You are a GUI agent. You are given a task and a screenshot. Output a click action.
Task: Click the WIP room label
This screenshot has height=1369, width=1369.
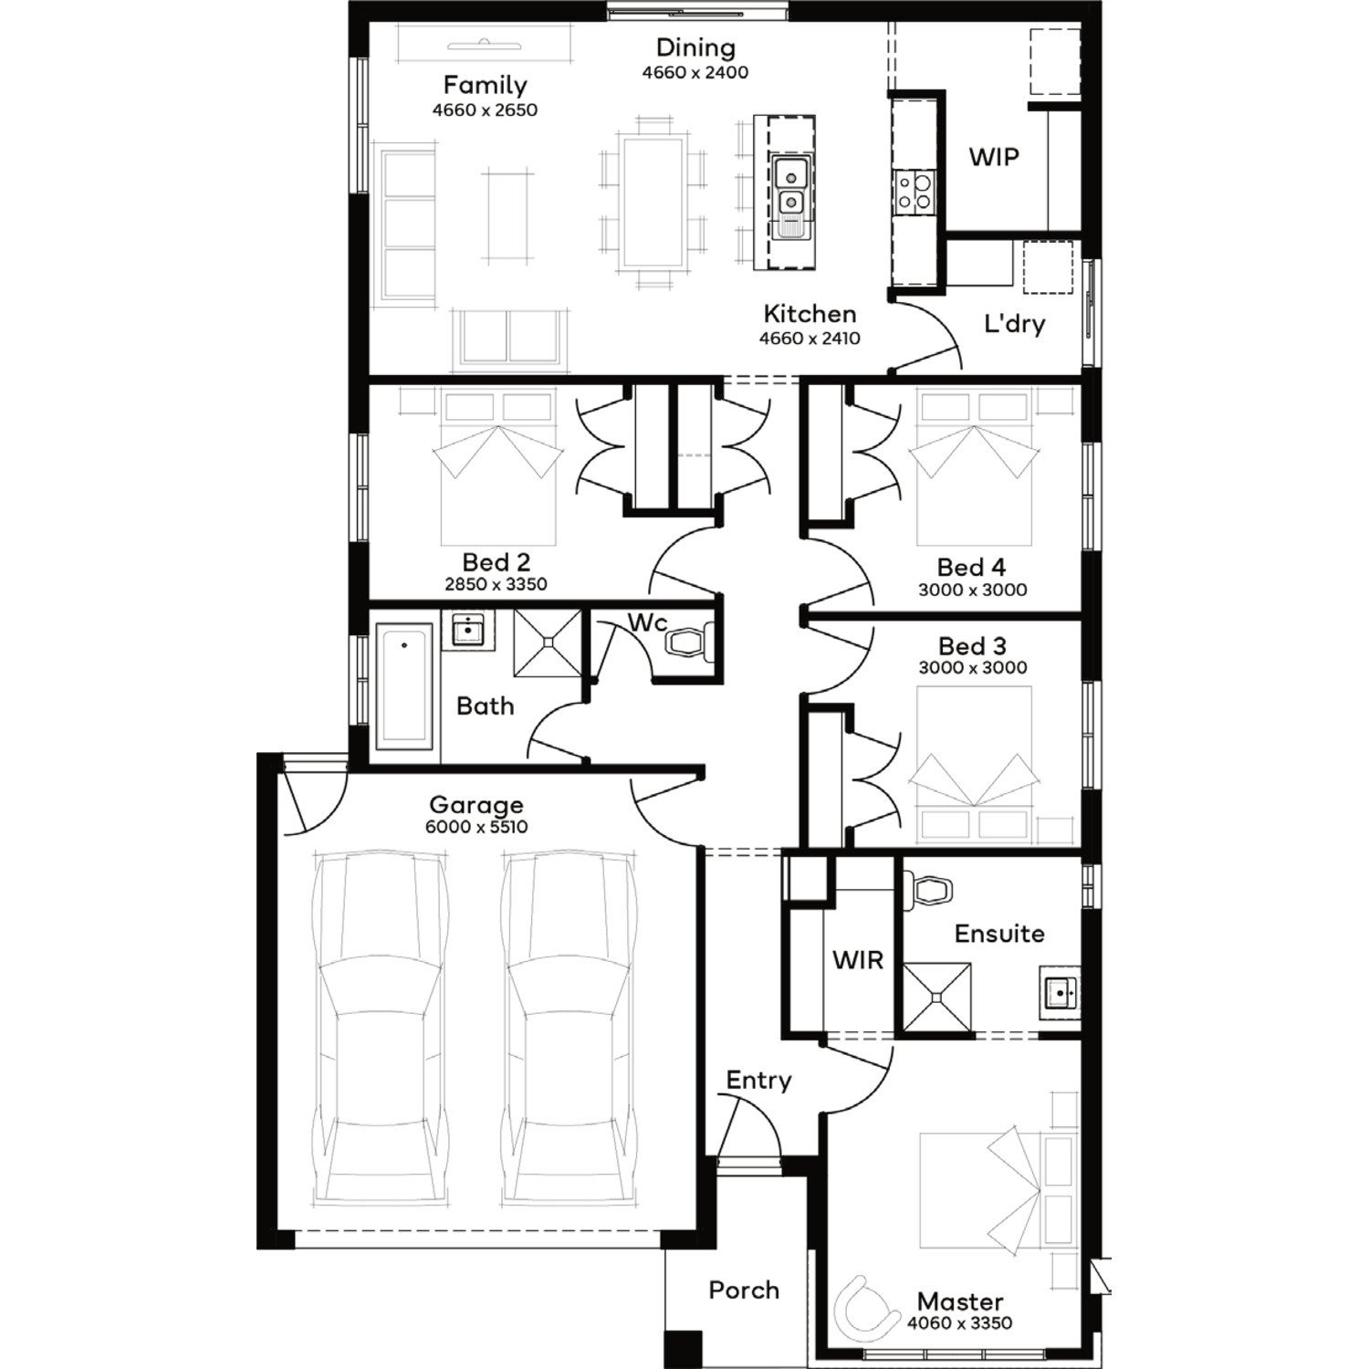(994, 157)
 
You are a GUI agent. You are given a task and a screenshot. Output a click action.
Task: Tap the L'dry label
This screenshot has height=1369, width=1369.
(1014, 324)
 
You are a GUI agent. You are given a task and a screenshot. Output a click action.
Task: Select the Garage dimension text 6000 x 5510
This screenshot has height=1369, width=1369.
(476, 827)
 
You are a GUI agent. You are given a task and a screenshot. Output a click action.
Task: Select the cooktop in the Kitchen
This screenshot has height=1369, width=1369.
(914, 193)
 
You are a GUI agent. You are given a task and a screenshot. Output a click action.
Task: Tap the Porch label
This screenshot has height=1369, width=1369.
(744, 1290)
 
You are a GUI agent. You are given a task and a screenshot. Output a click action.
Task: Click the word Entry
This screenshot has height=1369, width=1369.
(758, 1081)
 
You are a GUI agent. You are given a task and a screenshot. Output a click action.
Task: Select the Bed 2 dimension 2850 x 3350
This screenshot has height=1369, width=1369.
(496, 584)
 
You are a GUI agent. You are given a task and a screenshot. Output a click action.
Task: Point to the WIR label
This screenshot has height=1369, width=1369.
(858, 960)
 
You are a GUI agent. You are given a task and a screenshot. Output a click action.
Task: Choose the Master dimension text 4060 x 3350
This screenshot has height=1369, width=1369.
(960, 1322)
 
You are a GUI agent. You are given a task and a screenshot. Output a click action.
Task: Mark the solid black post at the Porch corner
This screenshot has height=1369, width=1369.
(684, 1349)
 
